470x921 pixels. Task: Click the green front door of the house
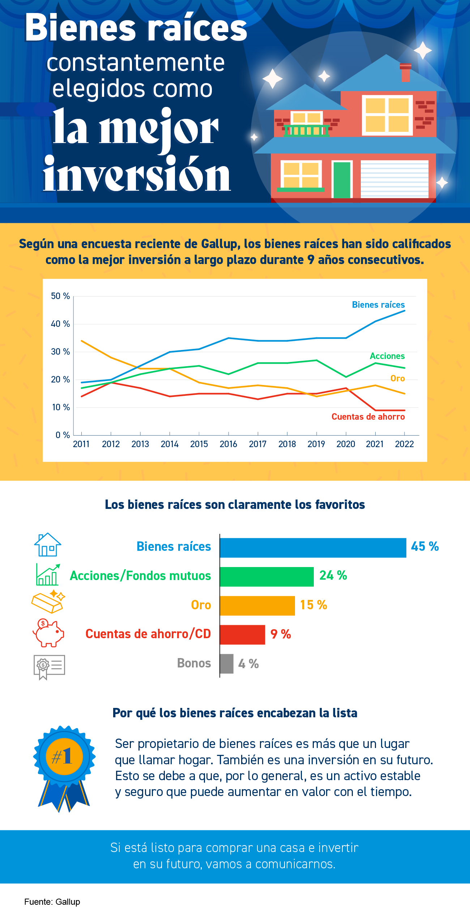point(342,180)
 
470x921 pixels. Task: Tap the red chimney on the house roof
point(406,73)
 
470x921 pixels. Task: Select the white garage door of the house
point(394,179)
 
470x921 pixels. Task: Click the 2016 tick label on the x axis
point(228,444)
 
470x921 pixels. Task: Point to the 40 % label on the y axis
point(60,324)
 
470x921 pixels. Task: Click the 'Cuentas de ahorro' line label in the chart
point(368,417)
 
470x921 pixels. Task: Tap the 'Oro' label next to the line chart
point(397,379)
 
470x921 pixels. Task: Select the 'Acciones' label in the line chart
point(387,356)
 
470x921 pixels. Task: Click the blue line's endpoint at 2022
point(405,311)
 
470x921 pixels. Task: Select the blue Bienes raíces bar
point(313,548)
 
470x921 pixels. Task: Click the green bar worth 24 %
point(266,576)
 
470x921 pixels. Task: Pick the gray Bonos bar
point(227,663)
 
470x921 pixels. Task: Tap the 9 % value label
point(281,634)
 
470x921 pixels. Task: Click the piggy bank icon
point(48,633)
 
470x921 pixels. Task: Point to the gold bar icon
point(48,602)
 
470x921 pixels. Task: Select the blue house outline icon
point(48,545)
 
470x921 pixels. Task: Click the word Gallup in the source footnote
point(68,902)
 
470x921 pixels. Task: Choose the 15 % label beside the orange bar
point(313,605)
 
